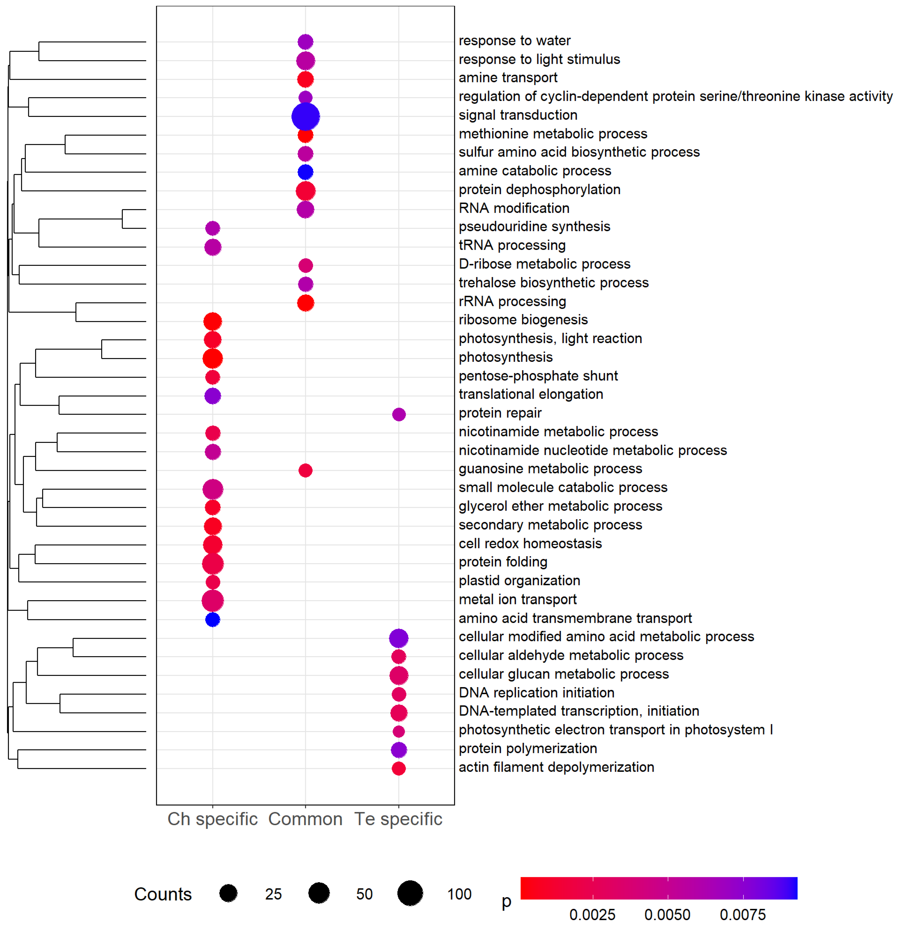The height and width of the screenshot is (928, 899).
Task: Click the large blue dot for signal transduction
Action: pyautogui.click(x=305, y=116)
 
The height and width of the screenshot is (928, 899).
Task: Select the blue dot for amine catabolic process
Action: pyautogui.click(x=305, y=172)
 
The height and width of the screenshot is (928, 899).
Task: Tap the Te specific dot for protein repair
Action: pyautogui.click(x=399, y=414)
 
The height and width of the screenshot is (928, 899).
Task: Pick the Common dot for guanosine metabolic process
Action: pyautogui.click(x=305, y=470)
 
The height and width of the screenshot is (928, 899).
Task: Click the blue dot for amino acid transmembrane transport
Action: pyautogui.click(x=212, y=619)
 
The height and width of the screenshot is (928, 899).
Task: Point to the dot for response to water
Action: pyautogui.click(x=305, y=42)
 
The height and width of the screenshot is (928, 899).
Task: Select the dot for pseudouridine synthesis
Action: pyautogui.click(x=212, y=228)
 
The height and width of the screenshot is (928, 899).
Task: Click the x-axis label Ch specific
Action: pyautogui.click(x=212, y=819)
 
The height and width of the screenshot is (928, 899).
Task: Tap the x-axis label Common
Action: pyautogui.click(x=305, y=819)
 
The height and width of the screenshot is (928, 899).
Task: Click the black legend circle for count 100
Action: pyautogui.click(x=410, y=893)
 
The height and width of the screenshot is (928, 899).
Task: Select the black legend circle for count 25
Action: pyautogui.click(x=228, y=893)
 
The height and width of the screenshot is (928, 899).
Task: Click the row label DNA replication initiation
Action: pyautogui.click(x=536, y=693)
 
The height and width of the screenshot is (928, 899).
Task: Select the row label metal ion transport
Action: pyautogui.click(x=518, y=599)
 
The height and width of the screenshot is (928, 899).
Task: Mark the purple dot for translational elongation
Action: pyautogui.click(x=212, y=396)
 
